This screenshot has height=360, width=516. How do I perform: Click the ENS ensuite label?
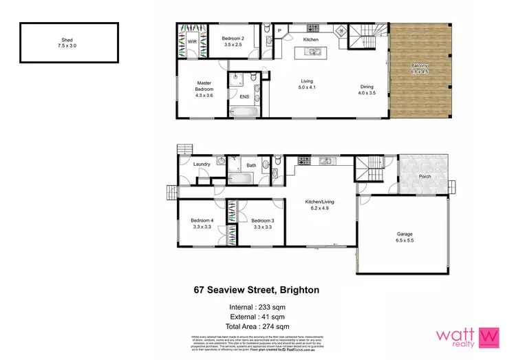coord(244,96)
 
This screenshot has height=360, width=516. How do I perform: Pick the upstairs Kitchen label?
coord(311,41)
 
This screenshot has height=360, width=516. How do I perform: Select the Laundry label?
coord(202,164)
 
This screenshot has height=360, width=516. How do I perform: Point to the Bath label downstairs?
coord(251,165)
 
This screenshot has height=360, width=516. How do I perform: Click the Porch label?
coord(424,176)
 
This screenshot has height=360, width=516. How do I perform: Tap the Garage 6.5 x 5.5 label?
coord(405,237)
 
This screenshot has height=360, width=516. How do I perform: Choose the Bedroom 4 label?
coord(202,223)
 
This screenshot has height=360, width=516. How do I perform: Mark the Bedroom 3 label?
coord(263,223)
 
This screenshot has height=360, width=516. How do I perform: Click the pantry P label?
coord(280,31)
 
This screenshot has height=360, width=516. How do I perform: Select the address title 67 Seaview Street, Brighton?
coord(257,290)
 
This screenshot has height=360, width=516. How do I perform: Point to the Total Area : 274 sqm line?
coord(257,326)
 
